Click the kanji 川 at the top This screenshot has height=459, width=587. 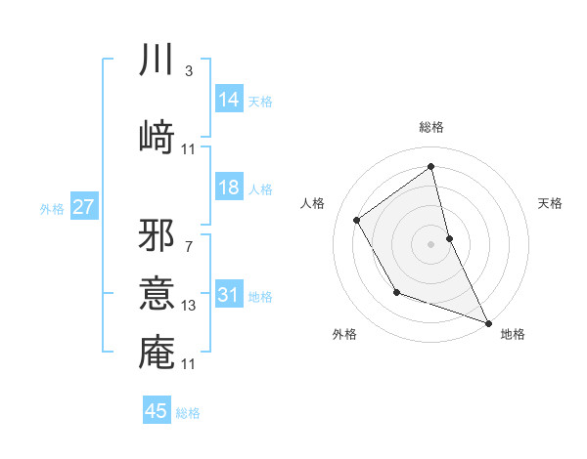point(157,61)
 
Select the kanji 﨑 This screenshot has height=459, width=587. point(157,135)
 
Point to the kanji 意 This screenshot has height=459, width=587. point(157,294)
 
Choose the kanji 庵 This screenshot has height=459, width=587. point(157,352)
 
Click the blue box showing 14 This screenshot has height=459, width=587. point(229,100)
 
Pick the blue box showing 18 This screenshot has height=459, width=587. point(229,188)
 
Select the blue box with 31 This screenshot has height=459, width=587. point(229,296)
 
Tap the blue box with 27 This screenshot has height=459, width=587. point(84,208)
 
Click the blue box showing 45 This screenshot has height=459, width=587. point(157,411)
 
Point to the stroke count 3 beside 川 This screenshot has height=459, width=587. point(189,71)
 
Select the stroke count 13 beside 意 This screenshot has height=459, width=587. point(189,306)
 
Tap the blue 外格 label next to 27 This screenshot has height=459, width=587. point(52,209)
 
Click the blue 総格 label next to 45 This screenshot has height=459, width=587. point(188,413)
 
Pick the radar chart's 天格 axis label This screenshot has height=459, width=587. point(550,203)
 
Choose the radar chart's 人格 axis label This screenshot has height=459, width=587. point(313,203)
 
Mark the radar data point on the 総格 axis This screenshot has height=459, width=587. point(430,166)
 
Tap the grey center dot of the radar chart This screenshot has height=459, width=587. point(430,243)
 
